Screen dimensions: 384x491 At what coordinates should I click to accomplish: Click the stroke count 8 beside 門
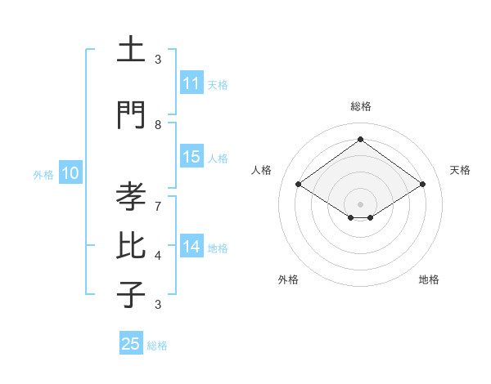click(158, 124)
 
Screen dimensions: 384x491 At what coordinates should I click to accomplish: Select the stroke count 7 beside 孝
click(158, 198)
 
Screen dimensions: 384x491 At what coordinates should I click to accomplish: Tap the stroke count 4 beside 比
click(158, 256)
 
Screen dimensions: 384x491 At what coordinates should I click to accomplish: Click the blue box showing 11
click(191, 83)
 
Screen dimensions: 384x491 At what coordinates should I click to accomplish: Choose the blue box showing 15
click(191, 157)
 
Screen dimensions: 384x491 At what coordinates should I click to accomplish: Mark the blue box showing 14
click(191, 247)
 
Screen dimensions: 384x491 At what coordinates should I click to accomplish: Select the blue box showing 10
click(70, 173)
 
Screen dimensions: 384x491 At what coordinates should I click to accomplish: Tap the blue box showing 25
click(131, 344)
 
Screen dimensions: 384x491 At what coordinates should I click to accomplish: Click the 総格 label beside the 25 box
click(157, 346)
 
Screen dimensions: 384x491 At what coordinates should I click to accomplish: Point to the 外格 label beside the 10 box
click(43, 174)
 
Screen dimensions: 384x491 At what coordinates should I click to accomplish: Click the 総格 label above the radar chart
click(360, 106)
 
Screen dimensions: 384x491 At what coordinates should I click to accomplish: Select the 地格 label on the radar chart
click(429, 279)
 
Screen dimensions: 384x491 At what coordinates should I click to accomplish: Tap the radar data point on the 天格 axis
click(422, 185)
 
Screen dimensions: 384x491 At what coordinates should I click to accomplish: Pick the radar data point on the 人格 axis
click(299, 185)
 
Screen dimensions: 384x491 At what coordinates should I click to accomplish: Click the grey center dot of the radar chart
click(360, 203)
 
